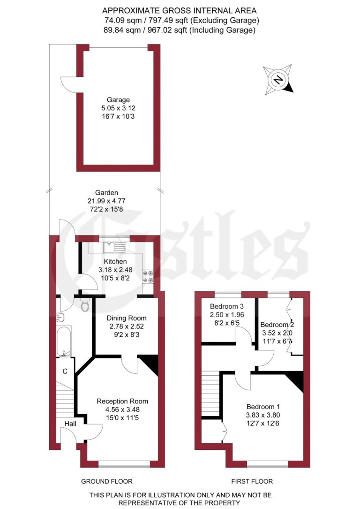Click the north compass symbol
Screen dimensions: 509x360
click(278, 79)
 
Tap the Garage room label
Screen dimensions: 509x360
click(118, 99)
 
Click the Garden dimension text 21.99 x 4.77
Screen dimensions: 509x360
click(106, 200)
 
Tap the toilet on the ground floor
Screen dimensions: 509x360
click(85, 305)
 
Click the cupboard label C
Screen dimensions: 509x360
click(65, 371)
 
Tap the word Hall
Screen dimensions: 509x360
click(70, 424)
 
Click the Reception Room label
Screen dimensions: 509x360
click(122, 401)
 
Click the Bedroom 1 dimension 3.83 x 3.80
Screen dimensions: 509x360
click(263, 415)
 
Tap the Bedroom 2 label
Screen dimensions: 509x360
click(277, 325)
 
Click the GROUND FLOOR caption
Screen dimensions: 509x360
click(106, 481)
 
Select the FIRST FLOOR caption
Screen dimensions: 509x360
click(252, 481)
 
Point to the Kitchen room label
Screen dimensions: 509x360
click(115, 261)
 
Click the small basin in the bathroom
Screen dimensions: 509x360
click(60, 317)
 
